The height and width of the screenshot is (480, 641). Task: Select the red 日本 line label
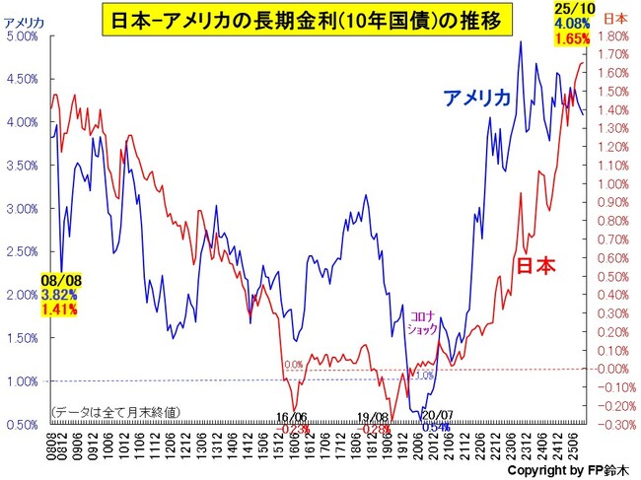[x=537, y=265]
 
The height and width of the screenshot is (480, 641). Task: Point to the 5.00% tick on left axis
[x=21, y=35]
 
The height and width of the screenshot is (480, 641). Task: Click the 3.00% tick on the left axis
[x=21, y=209]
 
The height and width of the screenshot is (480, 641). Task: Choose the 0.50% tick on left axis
[x=21, y=424]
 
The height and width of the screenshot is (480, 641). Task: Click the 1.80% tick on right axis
[x=617, y=35]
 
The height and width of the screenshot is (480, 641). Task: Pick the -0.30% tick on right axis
[x=617, y=424]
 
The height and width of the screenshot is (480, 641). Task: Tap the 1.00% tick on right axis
[x=617, y=183]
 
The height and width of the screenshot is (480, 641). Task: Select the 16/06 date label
[x=293, y=417]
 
